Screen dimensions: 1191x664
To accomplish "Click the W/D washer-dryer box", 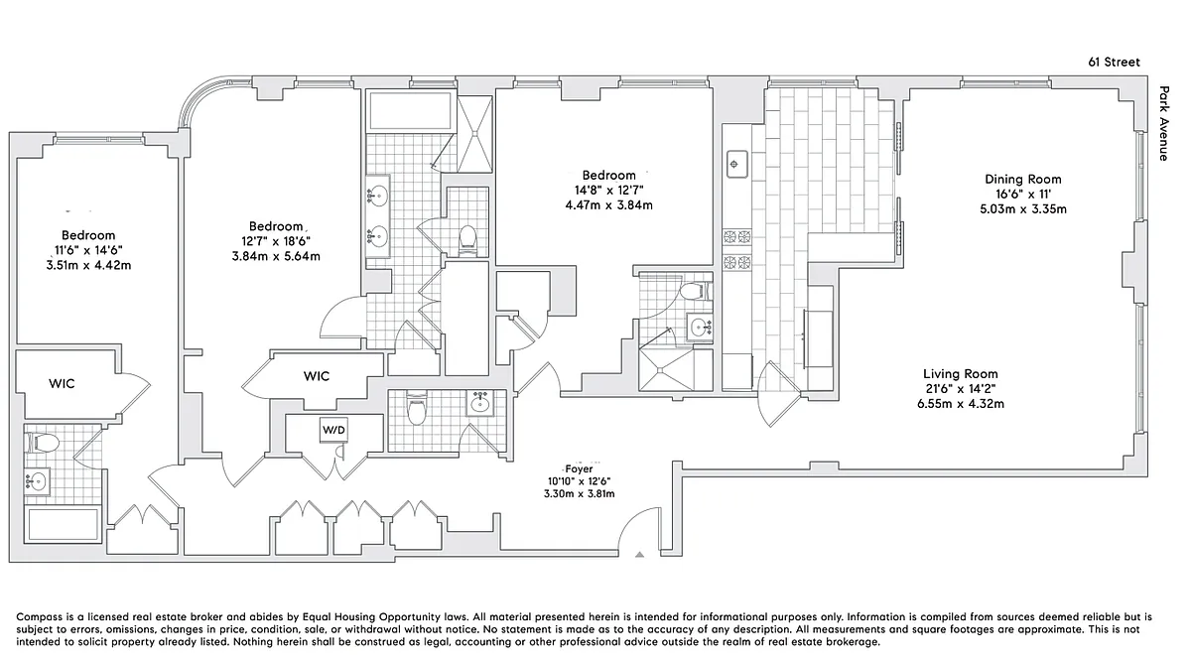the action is point(333,430).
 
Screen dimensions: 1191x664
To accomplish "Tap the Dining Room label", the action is point(1023,180).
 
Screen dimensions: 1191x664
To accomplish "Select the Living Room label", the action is point(961,374).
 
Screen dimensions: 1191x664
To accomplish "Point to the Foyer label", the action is point(579,469).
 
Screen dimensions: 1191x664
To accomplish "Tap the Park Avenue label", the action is point(1164,123).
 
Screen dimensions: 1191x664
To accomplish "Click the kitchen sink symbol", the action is point(736,164).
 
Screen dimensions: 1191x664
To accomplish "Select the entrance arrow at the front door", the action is point(639,555).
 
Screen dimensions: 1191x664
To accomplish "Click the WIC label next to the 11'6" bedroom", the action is point(62,383).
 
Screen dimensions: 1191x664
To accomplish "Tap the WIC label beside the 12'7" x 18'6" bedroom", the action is point(317,376).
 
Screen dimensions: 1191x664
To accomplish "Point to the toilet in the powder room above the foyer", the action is point(416,408).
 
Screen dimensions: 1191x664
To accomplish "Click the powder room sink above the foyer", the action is point(480,404).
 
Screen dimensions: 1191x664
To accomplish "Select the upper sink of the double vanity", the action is point(377,196).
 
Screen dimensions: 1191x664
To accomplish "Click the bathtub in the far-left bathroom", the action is point(63,524).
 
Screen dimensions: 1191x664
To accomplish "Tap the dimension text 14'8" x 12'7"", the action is point(608,190).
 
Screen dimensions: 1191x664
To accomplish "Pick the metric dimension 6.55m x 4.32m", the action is point(961,404).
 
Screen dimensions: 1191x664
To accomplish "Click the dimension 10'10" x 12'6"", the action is point(579,481).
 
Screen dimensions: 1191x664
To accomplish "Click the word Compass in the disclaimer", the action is point(40,617).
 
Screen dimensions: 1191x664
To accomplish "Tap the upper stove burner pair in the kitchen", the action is point(736,236).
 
